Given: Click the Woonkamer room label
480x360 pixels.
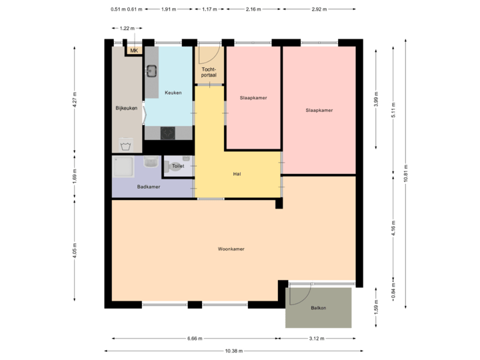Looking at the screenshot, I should click(x=231, y=249).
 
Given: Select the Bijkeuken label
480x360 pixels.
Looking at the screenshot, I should click(x=126, y=107).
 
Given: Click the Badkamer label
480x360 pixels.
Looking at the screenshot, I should click(x=148, y=187).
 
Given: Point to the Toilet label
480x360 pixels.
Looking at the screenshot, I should click(x=178, y=166).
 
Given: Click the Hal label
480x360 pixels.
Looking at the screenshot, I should click(x=236, y=173).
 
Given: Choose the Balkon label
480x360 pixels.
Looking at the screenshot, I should click(x=318, y=308).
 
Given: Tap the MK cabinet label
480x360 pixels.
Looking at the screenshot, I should click(x=134, y=51).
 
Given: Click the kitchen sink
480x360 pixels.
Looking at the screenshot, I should click(x=152, y=70).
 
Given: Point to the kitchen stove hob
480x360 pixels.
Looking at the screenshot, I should click(x=168, y=133).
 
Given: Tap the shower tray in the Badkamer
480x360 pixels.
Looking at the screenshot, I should click(x=124, y=169).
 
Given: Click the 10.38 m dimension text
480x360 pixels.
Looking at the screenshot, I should click(x=234, y=351).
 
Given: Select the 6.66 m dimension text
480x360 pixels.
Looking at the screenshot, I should click(x=195, y=339).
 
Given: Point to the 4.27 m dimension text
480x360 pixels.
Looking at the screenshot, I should click(x=75, y=101).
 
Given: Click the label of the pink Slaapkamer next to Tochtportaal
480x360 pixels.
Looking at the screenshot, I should click(x=253, y=98).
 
